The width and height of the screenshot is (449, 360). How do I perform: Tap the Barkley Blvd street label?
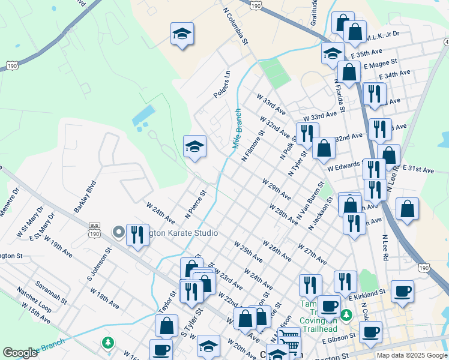85,197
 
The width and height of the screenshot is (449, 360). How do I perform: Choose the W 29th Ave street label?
276,188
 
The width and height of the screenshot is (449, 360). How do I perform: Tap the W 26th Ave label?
277,251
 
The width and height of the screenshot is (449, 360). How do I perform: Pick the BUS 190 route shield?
94,228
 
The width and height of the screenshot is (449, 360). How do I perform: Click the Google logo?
20,353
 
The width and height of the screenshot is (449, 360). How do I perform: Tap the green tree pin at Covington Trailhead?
346,314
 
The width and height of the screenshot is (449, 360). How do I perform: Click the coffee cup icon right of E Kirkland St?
402,292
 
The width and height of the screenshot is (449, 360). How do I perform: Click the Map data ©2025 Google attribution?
412,355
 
